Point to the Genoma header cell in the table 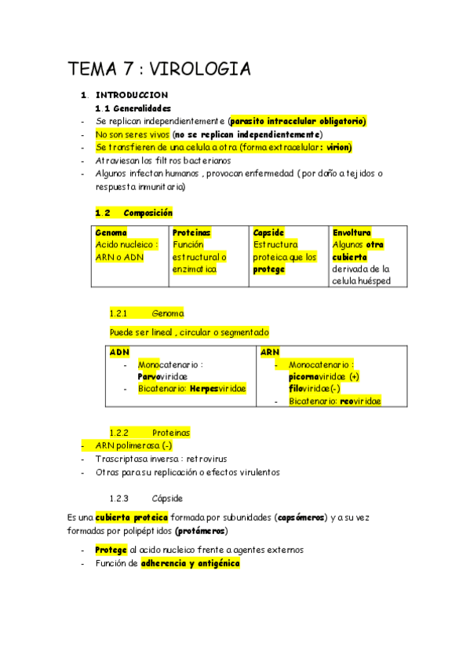click(111, 233)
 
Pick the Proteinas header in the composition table click(191, 233)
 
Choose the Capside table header click(268, 233)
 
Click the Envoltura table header click(352, 233)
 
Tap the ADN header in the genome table click(119, 353)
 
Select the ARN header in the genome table click(270, 353)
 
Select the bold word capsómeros click(301, 518)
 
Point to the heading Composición click(148, 213)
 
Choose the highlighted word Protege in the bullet click(110, 551)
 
